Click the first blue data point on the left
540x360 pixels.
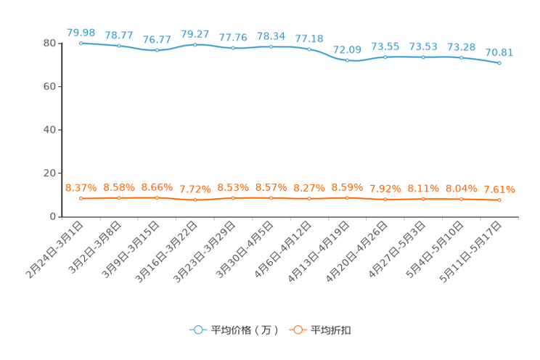click(x=81, y=43)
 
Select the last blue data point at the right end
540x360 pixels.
click(x=499, y=63)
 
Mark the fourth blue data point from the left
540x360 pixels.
click(x=195, y=45)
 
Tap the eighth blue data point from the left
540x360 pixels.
click(x=348, y=60)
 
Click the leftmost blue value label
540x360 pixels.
click(x=81, y=32)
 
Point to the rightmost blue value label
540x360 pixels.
click(x=499, y=52)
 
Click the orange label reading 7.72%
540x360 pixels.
click(x=195, y=189)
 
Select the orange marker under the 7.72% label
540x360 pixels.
click(x=195, y=200)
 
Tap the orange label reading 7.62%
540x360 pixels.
click(x=499, y=190)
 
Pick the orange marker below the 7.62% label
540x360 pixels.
click(x=499, y=200)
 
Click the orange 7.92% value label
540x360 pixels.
click(x=385, y=189)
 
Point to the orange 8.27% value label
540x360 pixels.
click(x=309, y=188)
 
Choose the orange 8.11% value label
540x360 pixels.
click(x=423, y=188)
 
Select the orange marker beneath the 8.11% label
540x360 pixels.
click(x=423, y=198)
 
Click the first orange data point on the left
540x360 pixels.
click(x=81, y=197)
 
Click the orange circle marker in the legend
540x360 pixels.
click(x=298, y=330)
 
